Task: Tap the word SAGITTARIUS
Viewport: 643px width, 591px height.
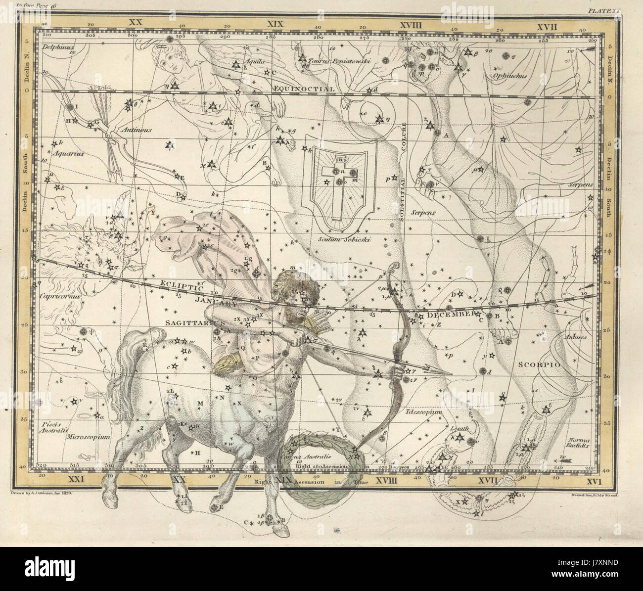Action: pyautogui.click(x=194, y=321)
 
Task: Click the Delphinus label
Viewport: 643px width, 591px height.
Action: pyautogui.click(x=58, y=48)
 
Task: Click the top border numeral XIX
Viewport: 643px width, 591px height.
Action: pyautogui.click(x=274, y=23)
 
